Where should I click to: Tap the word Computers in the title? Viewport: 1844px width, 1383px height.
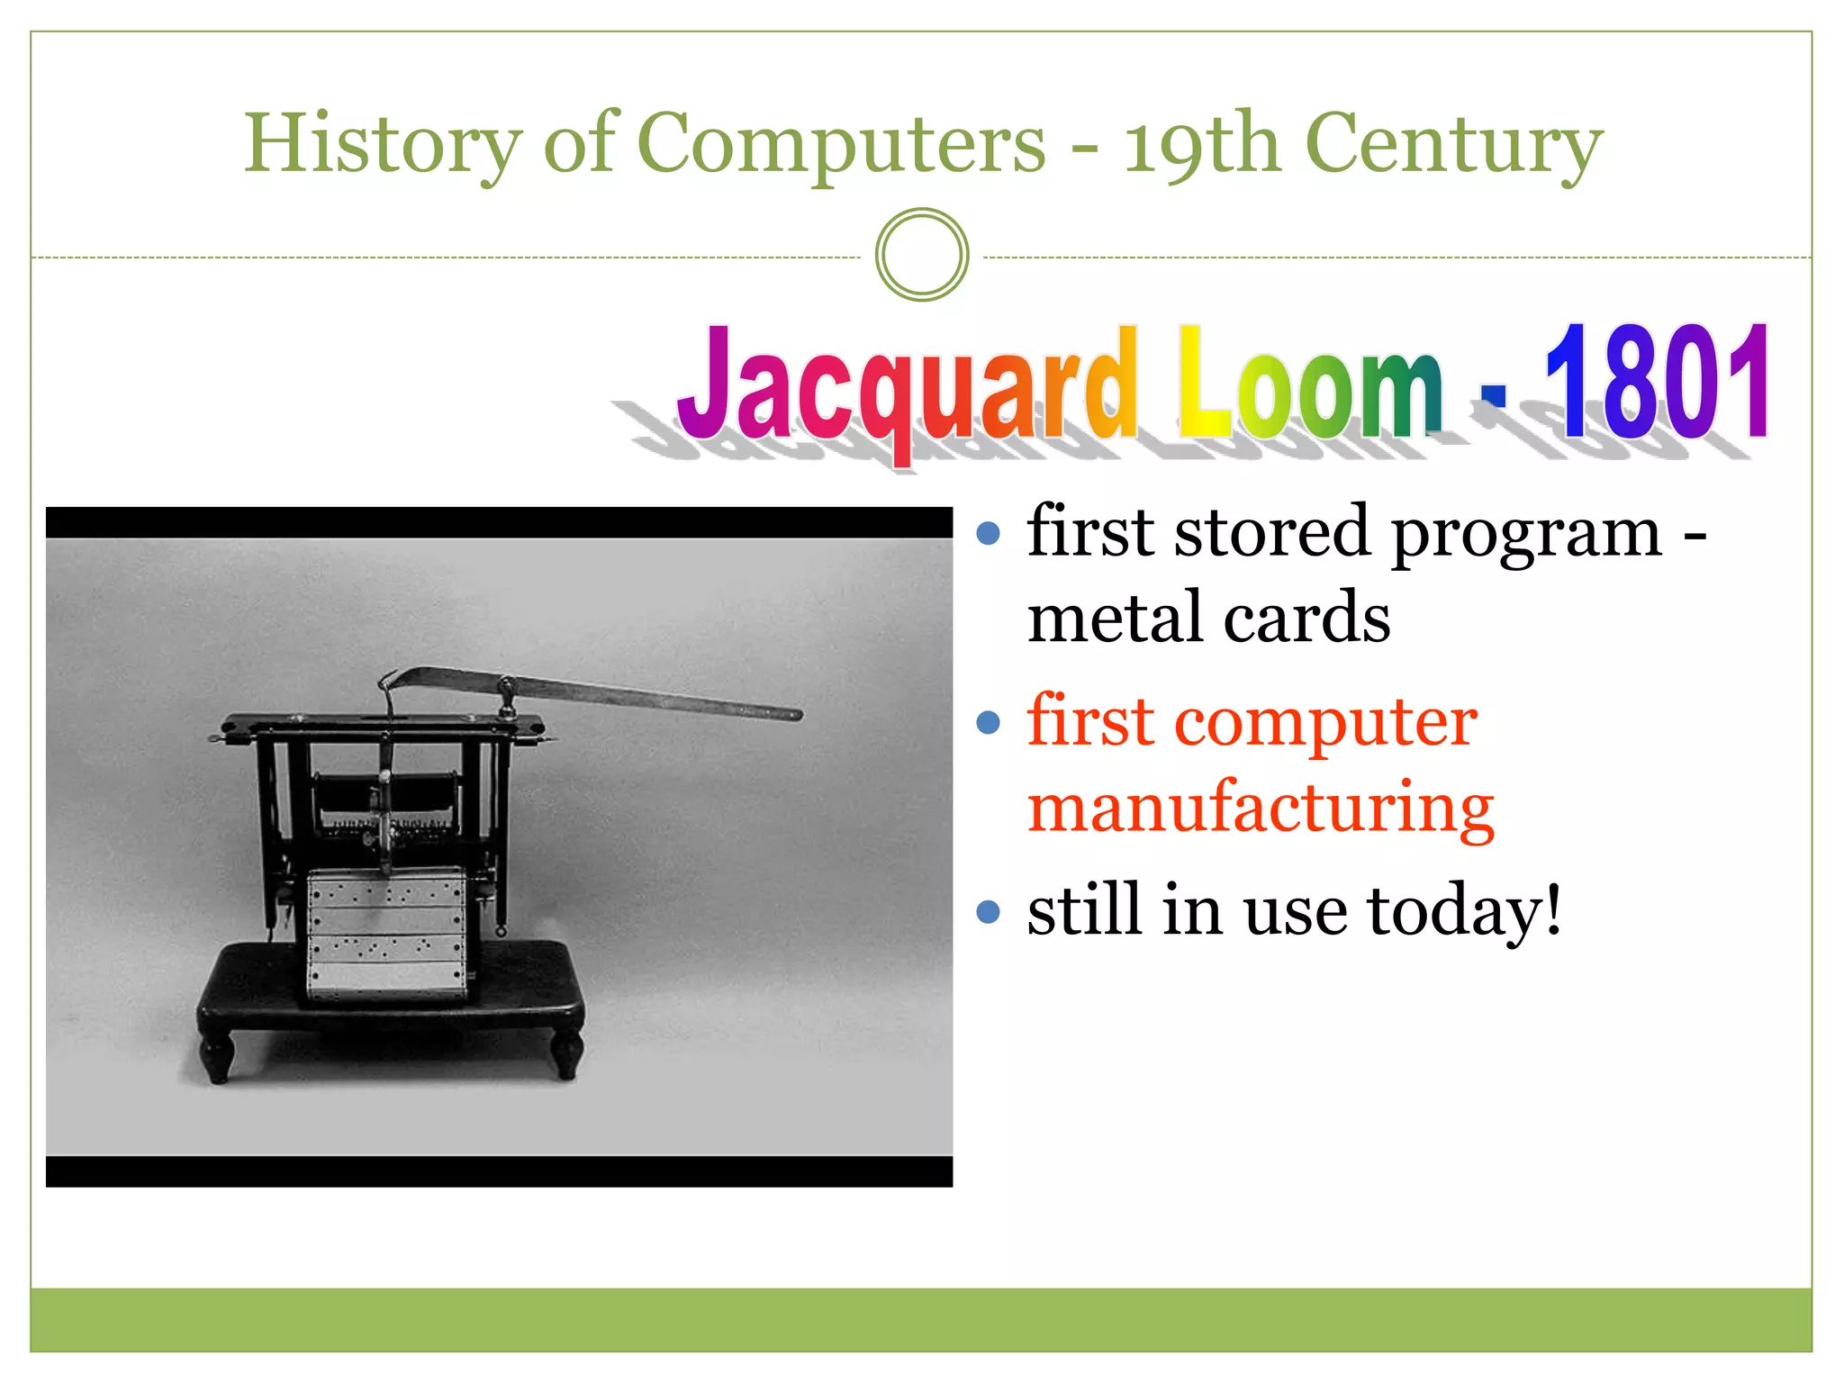tap(841, 144)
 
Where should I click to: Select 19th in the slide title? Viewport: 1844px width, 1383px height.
tap(1201, 144)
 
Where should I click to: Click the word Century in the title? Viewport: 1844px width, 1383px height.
tap(1453, 144)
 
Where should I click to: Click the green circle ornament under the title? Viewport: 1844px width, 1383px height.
tap(922, 255)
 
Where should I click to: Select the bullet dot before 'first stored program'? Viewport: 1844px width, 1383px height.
tap(989, 533)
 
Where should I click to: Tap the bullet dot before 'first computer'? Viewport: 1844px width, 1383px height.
tap(989, 722)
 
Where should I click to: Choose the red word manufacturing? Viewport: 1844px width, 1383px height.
tap(1261, 808)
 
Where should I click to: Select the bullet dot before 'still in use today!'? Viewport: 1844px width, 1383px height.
tap(989, 912)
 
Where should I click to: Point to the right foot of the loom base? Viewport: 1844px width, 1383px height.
tap(567, 1058)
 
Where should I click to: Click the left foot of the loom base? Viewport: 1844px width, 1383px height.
tap(217, 1062)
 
